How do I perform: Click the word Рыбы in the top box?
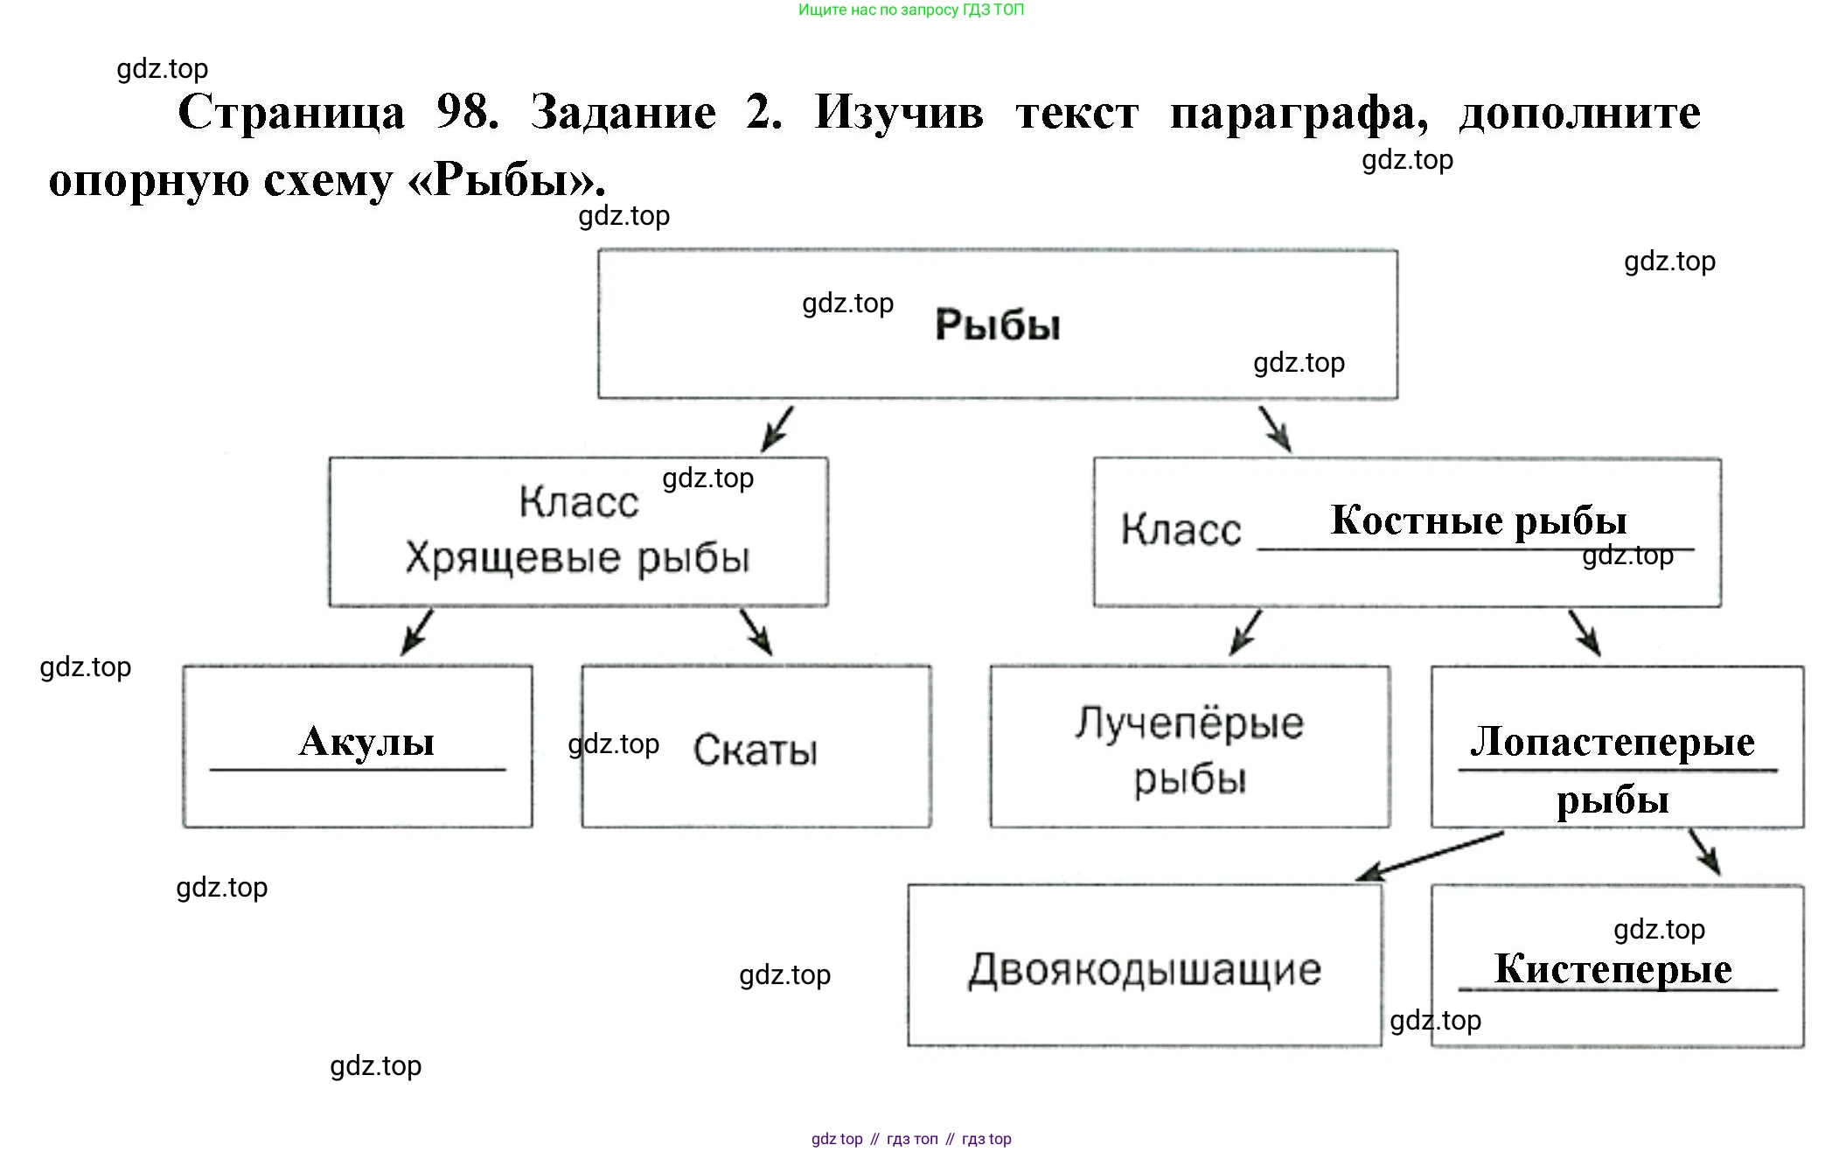pyautogui.click(x=998, y=325)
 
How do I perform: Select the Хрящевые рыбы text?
pyautogui.click(x=577, y=558)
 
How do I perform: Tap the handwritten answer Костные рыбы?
pyautogui.click(x=1478, y=520)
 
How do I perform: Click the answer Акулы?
pyautogui.click(x=366, y=742)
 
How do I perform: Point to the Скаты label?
pyautogui.click(x=756, y=750)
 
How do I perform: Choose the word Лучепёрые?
pyautogui.click(x=1189, y=723)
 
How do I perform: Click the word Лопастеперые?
pyautogui.click(x=1612, y=742)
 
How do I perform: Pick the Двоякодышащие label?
pyautogui.click(x=1145, y=969)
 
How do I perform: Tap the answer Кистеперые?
pyautogui.click(x=1613, y=968)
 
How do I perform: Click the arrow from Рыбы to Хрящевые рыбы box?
pyautogui.click(x=777, y=429)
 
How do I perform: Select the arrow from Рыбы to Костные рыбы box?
pyautogui.click(x=1275, y=429)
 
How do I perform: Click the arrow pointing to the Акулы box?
pyautogui.click(x=416, y=632)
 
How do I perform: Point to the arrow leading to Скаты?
pyautogui.click(x=756, y=632)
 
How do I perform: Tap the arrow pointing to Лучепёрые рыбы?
pyautogui.click(x=1245, y=632)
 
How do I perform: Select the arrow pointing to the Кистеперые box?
pyautogui.click(x=1704, y=852)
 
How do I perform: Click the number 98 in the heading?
pyautogui.click(x=467, y=113)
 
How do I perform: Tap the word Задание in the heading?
pyautogui.click(x=623, y=113)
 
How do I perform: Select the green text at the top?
pyautogui.click(x=910, y=10)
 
